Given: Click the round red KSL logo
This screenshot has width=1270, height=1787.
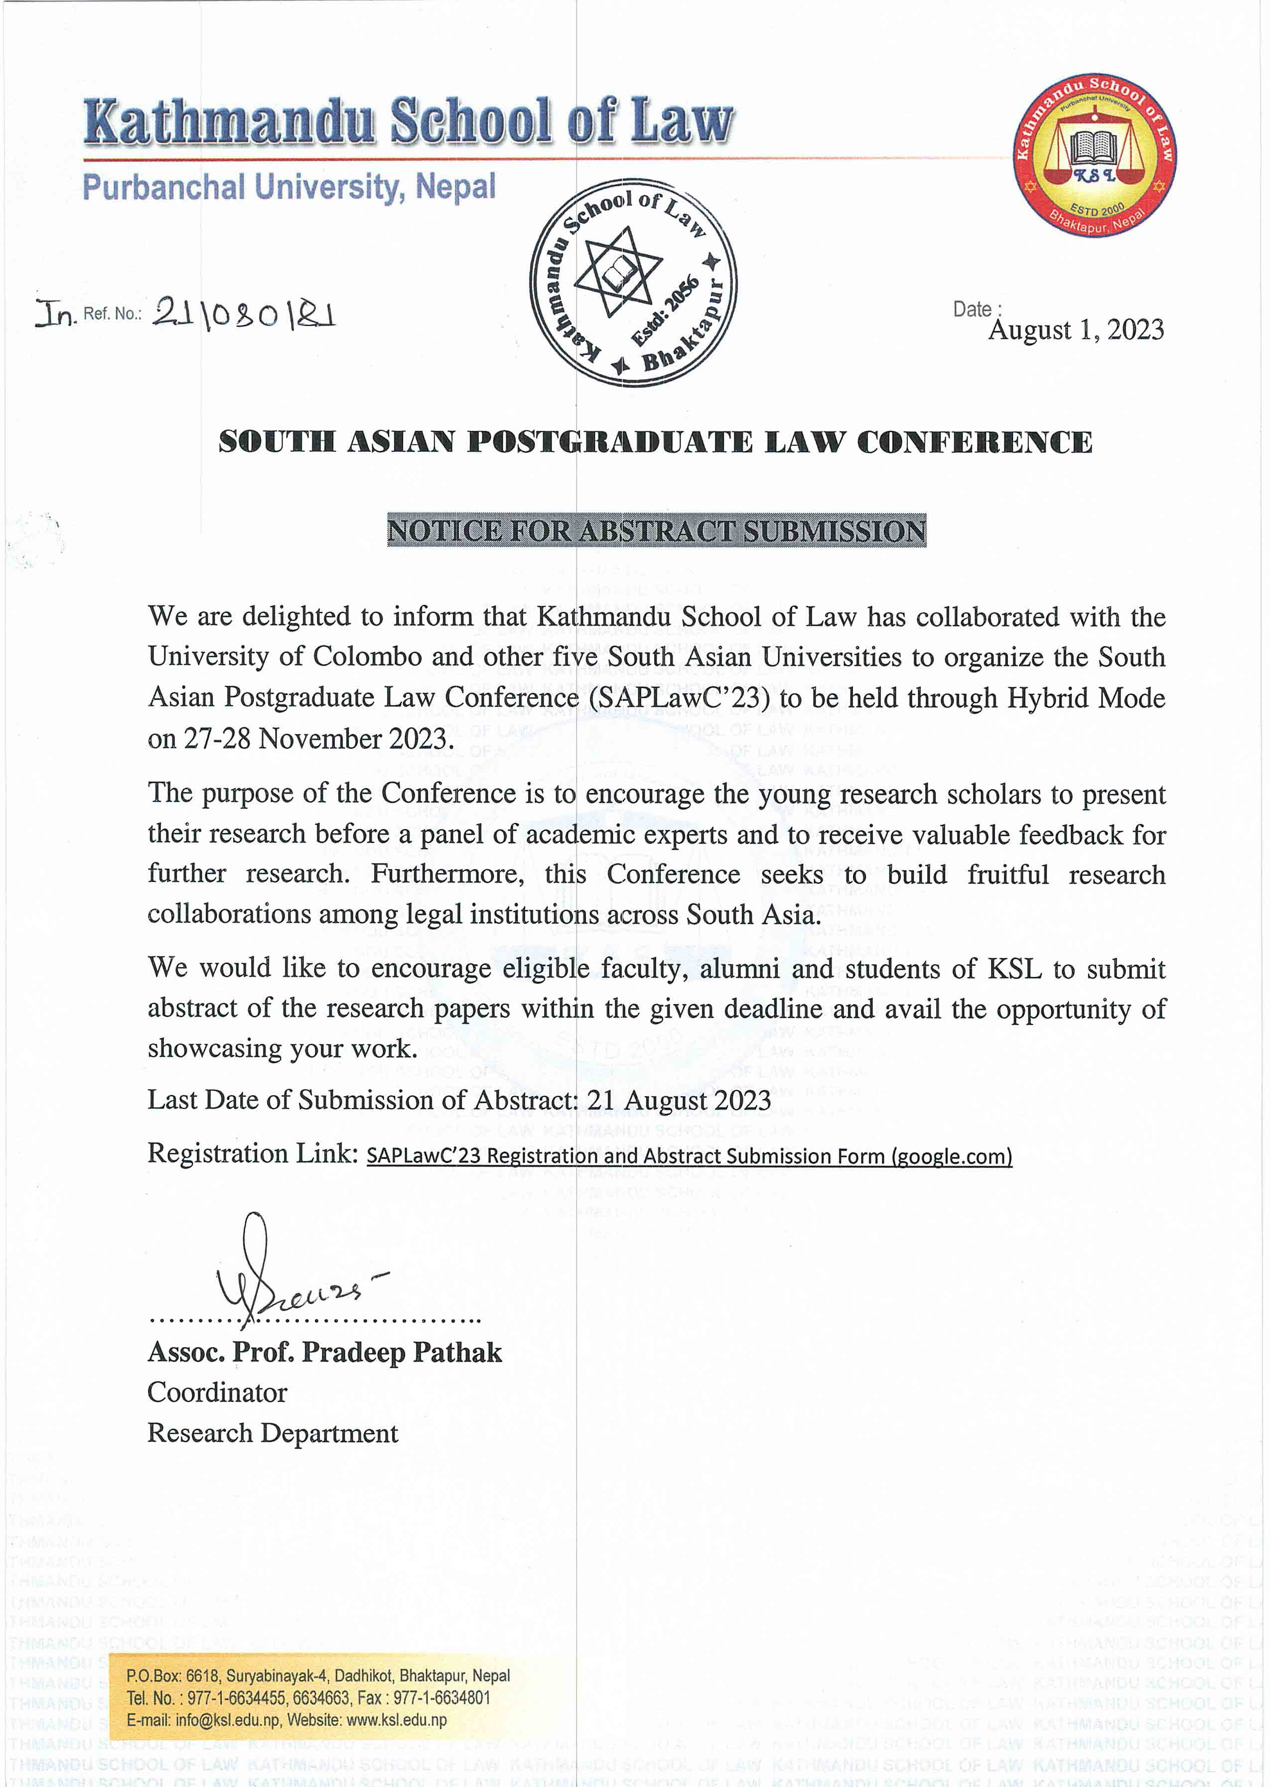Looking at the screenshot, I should point(1094,157).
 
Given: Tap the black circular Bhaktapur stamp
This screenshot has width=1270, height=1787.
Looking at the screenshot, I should point(633,286).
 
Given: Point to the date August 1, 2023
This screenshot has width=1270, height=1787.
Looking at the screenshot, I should point(1075,330).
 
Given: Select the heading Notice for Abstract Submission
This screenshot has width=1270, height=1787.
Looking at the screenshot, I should point(656,531).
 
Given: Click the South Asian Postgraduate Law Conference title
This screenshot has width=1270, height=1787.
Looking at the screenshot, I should point(655,442).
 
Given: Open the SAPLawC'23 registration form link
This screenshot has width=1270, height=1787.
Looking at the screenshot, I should point(689,1156).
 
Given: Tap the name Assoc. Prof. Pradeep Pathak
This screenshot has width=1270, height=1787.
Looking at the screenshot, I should point(324,1352).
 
